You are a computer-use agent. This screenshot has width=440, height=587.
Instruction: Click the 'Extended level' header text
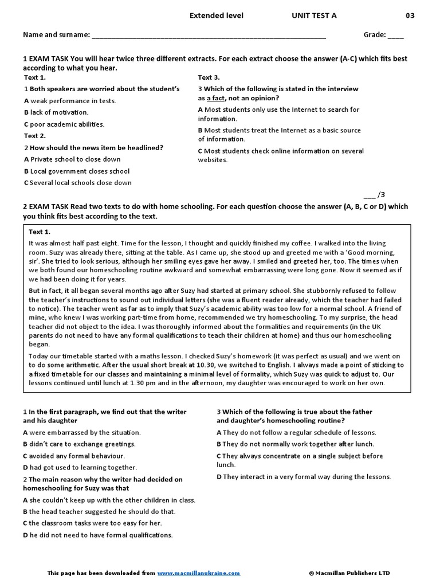[x=216, y=15]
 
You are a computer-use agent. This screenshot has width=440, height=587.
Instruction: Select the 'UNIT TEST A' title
[x=314, y=15]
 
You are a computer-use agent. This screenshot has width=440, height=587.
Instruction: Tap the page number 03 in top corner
[x=410, y=15]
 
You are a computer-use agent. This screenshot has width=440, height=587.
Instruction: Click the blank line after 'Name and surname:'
[x=209, y=36]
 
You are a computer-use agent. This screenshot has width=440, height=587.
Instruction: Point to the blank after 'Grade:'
[x=396, y=36]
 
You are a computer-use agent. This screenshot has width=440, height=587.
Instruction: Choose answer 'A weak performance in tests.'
[x=70, y=101]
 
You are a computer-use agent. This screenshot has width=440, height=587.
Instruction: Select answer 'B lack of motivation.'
[x=56, y=112]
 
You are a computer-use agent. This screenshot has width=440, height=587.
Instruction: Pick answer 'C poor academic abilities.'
[x=64, y=124]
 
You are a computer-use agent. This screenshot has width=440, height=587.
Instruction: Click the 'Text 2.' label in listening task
[x=35, y=136]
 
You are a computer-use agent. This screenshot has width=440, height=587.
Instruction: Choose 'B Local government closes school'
[x=77, y=171]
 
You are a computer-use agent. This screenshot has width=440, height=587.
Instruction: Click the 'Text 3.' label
[x=209, y=77]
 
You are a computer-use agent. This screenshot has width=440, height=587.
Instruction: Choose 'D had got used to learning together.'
[x=80, y=468]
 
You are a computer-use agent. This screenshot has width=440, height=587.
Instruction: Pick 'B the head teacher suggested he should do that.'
[x=99, y=511]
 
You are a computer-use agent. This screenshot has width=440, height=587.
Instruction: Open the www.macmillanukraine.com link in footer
[x=199, y=573]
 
